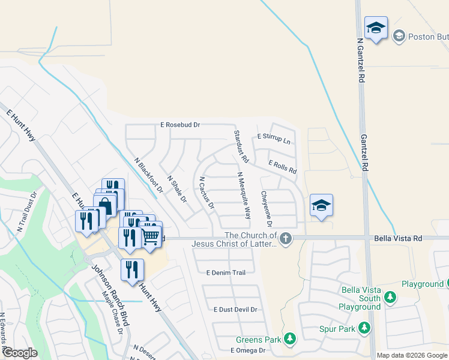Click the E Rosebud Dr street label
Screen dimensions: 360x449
(x=179, y=125)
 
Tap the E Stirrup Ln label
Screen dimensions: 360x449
(x=273, y=139)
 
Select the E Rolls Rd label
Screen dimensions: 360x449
(x=282, y=167)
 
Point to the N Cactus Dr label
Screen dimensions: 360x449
(x=206, y=193)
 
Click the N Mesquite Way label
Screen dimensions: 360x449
(x=244, y=195)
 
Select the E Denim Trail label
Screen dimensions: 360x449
(x=226, y=272)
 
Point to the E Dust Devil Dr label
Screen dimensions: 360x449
(x=235, y=310)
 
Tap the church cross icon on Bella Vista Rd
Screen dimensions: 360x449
(x=286, y=238)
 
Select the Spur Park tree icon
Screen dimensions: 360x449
(x=364, y=328)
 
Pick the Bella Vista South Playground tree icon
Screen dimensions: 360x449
(x=390, y=297)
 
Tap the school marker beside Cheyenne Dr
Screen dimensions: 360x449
(x=321, y=205)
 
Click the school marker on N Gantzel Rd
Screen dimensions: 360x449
(x=376, y=28)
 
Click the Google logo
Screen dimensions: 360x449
(x=20, y=353)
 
